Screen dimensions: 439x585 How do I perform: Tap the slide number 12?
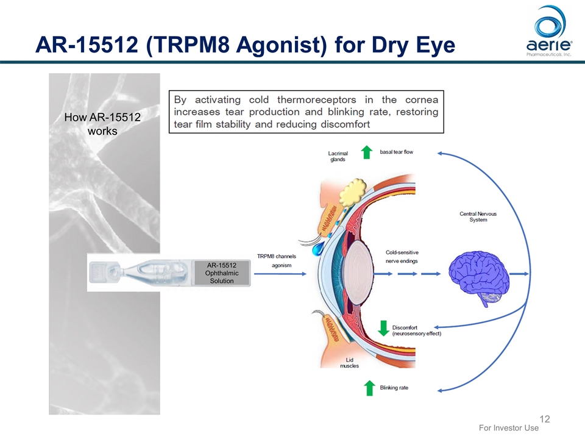click(x=545, y=419)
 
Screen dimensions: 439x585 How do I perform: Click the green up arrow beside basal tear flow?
click(x=366, y=152)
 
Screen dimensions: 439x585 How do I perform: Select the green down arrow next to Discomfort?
click(x=383, y=328)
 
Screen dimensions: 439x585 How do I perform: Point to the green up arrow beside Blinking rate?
click(x=369, y=387)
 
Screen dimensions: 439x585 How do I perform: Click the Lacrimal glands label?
click(x=337, y=156)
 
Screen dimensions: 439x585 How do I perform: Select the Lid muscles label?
click(x=349, y=363)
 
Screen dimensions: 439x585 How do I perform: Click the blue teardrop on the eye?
click(x=319, y=249)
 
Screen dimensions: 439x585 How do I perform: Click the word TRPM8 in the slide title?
click(x=185, y=44)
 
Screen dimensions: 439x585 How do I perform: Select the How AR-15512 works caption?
click(x=102, y=124)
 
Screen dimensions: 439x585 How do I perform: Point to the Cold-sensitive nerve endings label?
click(x=402, y=256)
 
